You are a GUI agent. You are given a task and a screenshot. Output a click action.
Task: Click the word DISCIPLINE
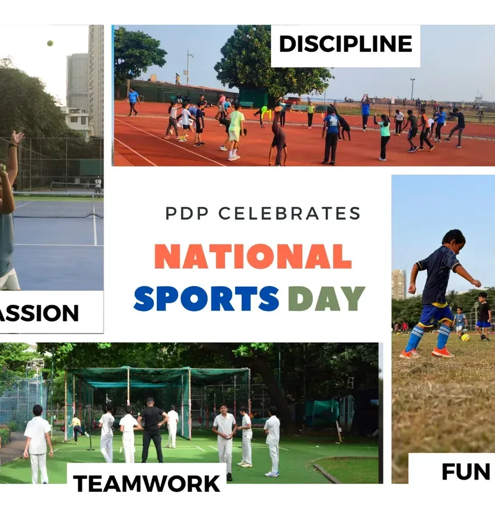tap(345, 44)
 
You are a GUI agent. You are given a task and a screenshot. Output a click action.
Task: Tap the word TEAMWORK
tap(147, 484)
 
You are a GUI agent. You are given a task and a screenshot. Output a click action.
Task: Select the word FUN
tap(466, 471)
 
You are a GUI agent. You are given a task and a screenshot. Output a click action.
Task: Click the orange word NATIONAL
tap(253, 256)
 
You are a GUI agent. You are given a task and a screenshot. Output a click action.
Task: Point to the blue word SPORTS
tap(206, 298)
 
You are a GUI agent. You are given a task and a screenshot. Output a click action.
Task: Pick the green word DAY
tap(326, 298)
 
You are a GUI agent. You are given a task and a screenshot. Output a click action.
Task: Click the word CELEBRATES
tap(289, 214)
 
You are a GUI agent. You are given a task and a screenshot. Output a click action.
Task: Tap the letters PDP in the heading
tap(187, 214)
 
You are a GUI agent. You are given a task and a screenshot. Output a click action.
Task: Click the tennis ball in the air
tap(50, 43)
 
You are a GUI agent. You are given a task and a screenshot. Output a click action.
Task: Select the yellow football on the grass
tap(466, 338)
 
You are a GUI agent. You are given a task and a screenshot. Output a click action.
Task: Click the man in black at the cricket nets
tap(152, 430)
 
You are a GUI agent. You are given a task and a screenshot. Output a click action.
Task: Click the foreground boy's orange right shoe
tap(443, 352)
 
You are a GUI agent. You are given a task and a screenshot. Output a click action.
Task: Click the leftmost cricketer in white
tap(38, 444)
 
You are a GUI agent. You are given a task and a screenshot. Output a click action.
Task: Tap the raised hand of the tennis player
tap(17, 138)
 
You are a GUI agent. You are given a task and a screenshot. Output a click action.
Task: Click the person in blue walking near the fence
tap(133, 101)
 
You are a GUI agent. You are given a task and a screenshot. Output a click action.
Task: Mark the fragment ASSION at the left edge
tap(39, 313)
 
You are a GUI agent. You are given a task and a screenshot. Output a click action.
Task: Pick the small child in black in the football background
tap(483, 316)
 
